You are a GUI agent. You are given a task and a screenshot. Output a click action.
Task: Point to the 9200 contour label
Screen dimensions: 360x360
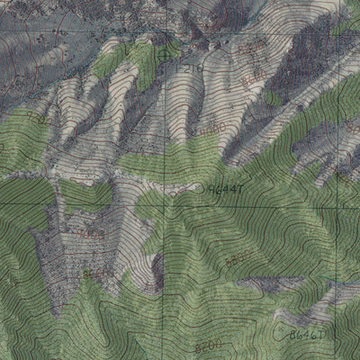36,117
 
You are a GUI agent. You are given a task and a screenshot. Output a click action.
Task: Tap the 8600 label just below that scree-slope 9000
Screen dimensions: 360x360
97,271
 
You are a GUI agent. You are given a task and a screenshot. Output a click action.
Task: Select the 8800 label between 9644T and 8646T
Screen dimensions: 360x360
238,260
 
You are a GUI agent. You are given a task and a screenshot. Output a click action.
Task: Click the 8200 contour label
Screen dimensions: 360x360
207,345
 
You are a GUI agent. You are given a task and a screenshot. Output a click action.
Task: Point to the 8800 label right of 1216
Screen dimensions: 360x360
253,42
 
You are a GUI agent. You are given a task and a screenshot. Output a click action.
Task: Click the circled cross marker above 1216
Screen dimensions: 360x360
164,53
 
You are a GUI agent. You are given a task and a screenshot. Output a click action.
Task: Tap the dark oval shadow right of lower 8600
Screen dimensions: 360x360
157,267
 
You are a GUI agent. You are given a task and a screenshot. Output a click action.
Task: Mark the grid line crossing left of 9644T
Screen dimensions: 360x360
166,191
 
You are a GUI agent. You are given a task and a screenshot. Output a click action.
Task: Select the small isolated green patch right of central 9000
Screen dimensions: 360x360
273,97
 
